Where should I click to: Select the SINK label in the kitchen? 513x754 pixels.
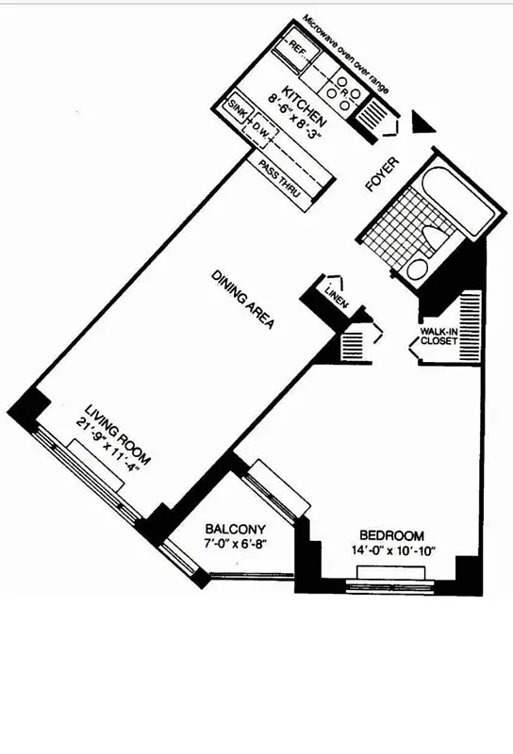point(237,112)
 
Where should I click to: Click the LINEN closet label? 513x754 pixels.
point(337,293)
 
